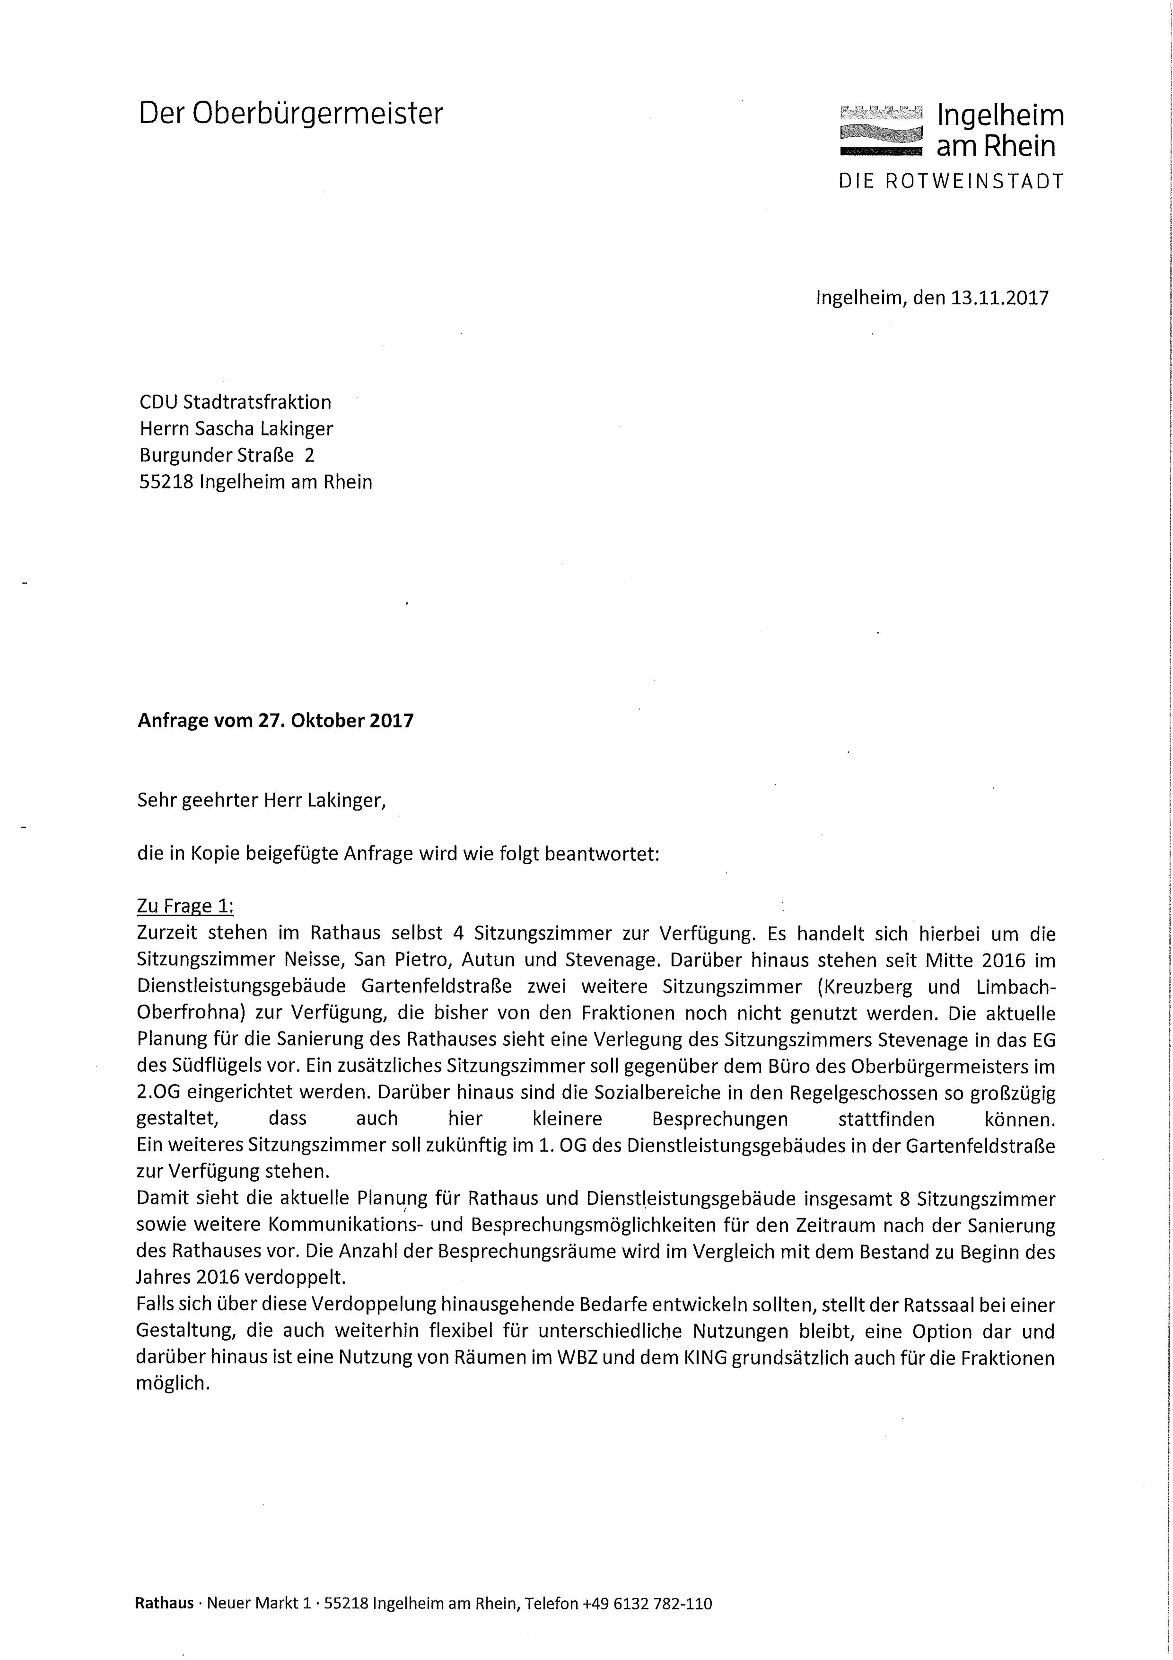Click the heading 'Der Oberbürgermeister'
(x=290, y=114)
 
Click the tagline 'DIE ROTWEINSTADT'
(x=951, y=181)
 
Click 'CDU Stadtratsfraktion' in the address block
(x=235, y=402)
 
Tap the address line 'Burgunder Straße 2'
(x=227, y=456)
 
